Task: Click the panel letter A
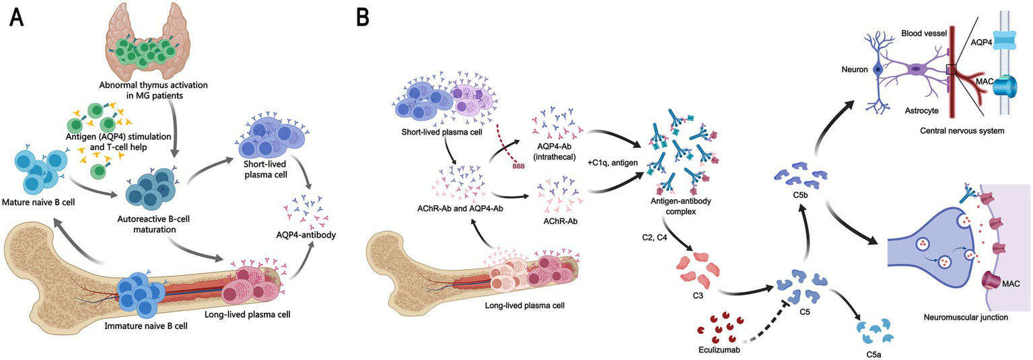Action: pos(18,17)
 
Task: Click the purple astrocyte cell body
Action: pos(917,68)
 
